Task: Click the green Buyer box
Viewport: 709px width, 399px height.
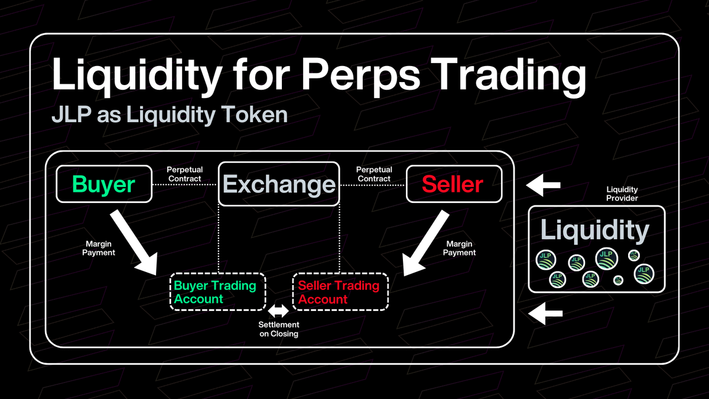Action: click(103, 185)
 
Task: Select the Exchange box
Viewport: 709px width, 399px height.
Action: click(279, 185)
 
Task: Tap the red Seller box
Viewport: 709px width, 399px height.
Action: click(453, 185)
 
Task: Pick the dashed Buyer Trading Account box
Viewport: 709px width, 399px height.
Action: click(217, 292)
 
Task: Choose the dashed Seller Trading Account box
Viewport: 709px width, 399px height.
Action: click(340, 292)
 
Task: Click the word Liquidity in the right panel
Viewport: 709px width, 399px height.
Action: click(595, 230)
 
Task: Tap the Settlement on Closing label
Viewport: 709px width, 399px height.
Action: click(279, 329)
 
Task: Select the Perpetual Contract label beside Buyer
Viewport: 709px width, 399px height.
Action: click(184, 174)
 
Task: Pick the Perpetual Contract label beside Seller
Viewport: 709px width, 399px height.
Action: click(373, 174)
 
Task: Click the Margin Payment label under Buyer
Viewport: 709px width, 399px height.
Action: click(99, 248)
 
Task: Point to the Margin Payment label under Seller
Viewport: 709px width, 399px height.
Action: click(460, 248)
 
